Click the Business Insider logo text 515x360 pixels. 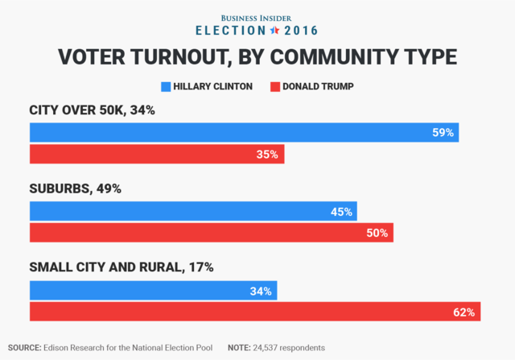[257, 16]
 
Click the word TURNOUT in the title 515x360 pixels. [187, 57]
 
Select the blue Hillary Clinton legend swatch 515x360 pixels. [166, 85]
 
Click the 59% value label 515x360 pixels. [443, 132]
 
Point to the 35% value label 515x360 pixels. [268, 155]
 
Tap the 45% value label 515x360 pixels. [341, 212]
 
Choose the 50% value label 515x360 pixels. [377, 234]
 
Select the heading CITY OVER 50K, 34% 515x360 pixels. [92, 110]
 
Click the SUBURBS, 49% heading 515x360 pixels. [75, 189]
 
